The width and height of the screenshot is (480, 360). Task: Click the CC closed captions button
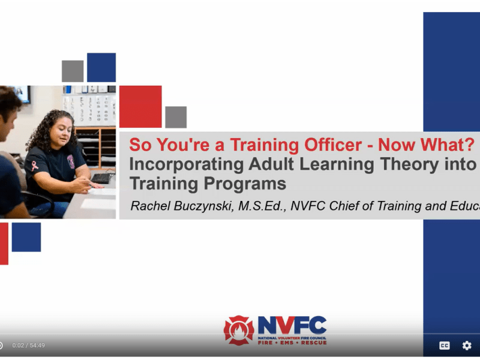[x=445, y=346]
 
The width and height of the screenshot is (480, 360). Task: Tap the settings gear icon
[x=467, y=346]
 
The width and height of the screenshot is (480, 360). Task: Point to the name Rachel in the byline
[x=150, y=206]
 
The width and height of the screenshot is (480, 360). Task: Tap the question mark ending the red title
[x=468, y=145]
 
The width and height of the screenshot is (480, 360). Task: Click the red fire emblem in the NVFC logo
[x=239, y=330]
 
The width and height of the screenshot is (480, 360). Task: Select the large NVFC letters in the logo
[x=292, y=326]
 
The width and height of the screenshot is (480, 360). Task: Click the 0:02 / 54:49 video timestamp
[x=28, y=346]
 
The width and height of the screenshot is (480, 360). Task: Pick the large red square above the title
[x=140, y=106]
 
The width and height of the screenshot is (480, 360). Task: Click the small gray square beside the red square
[x=176, y=117]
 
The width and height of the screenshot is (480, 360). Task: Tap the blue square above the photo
[x=101, y=67]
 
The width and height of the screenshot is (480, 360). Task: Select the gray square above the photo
[x=73, y=71]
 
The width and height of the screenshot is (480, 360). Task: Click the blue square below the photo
[x=26, y=237]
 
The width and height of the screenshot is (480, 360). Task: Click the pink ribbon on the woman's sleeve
[x=35, y=166]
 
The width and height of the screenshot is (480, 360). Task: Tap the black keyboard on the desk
[x=101, y=178]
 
